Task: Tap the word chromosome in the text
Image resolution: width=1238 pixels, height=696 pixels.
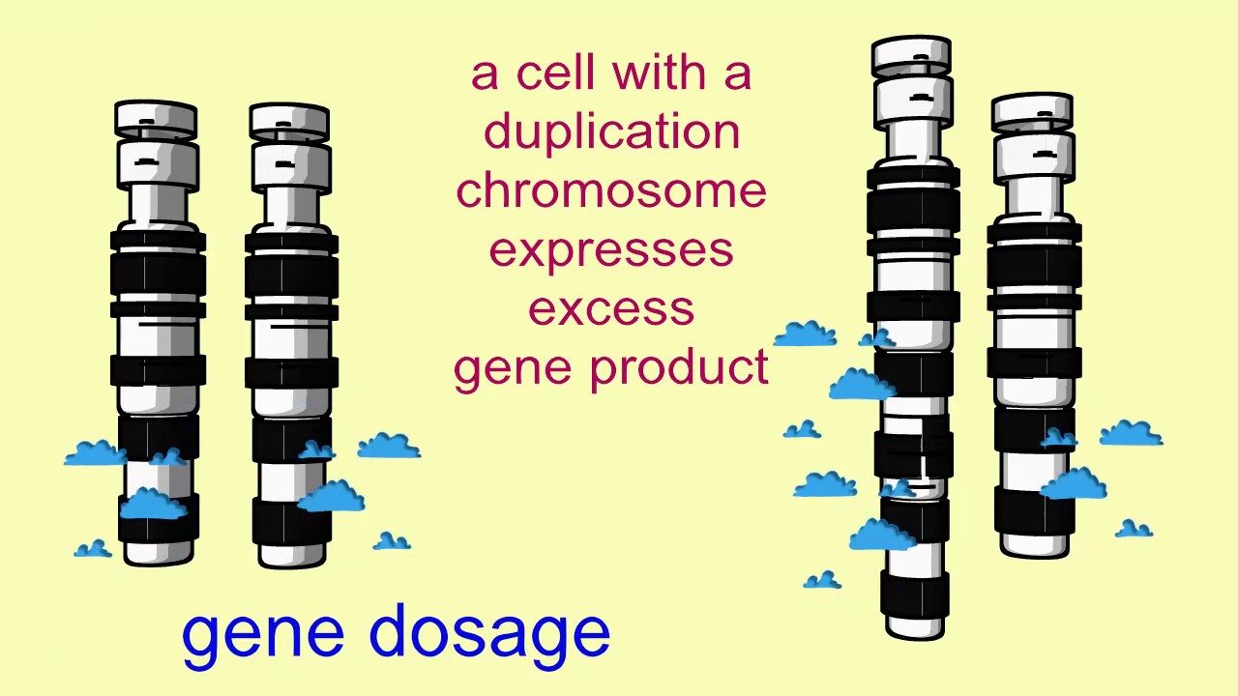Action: tap(611, 190)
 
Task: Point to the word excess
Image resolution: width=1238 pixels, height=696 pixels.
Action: tap(611, 309)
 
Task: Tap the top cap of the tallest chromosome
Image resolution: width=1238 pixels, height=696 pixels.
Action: tap(911, 55)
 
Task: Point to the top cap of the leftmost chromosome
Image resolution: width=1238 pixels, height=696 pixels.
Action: tap(156, 118)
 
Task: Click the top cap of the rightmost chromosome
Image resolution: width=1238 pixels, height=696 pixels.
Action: tap(1032, 110)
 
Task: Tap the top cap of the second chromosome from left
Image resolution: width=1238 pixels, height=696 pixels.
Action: tap(289, 121)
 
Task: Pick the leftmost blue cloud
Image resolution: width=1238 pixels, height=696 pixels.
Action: tap(94, 453)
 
